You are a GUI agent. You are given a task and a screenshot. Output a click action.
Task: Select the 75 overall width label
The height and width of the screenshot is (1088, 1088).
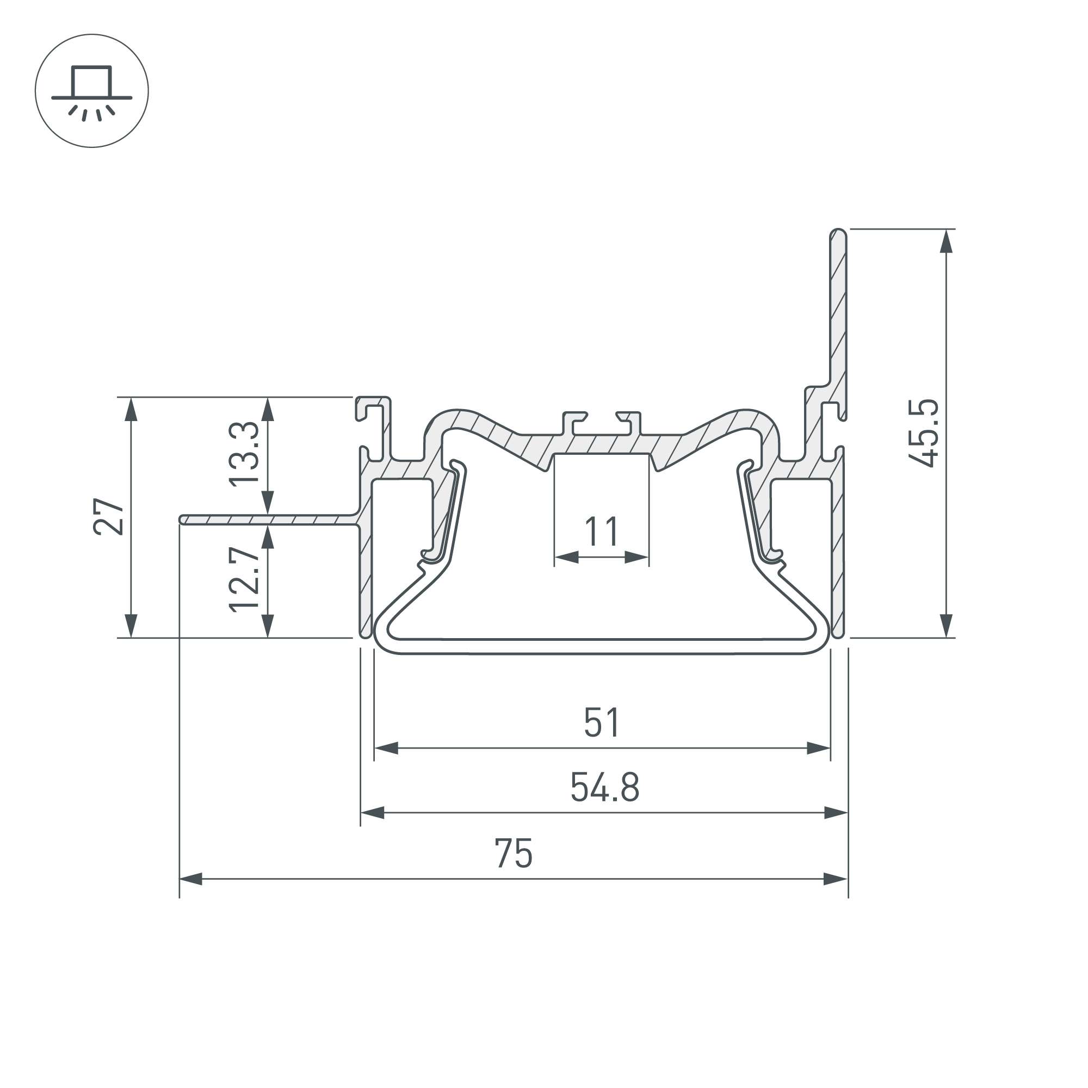[514, 854]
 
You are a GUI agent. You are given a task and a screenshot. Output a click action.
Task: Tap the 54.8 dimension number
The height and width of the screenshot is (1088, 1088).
[605, 787]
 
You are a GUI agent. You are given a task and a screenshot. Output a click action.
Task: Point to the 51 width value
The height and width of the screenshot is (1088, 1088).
[602, 722]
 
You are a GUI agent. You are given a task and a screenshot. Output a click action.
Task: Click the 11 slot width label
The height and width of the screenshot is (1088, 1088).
[602, 531]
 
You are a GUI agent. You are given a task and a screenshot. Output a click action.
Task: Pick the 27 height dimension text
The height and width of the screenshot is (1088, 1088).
[109, 516]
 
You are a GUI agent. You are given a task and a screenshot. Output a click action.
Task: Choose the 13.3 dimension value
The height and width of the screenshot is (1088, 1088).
[244, 453]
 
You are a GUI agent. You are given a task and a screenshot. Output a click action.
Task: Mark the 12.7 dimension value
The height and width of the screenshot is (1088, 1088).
[244, 580]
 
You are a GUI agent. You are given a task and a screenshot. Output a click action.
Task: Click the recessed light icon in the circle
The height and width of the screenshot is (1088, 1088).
[92, 92]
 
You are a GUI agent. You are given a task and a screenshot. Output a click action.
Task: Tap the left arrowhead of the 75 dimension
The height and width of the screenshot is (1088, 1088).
[190, 879]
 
